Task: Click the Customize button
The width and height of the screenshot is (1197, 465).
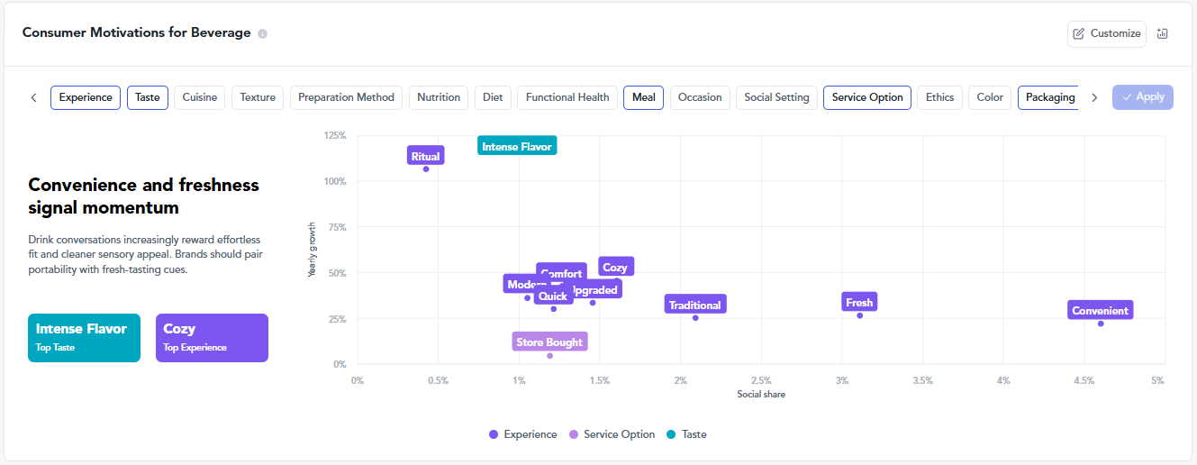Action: pyautogui.click(x=1107, y=33)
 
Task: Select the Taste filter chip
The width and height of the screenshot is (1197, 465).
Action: pyautogui.click(x=148, y=97)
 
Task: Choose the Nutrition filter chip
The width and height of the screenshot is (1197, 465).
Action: pyautogui.click(x=439, y=97)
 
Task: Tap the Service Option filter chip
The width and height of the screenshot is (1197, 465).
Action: pyautogui.click(x=866, y=97)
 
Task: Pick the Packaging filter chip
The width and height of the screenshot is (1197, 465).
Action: pyautogui.click(x=1049, y=97)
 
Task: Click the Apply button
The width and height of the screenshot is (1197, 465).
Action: pyautogui.click(x=1142, y=97)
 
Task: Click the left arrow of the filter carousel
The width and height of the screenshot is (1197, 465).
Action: pyautogui.click(x=34, y=97)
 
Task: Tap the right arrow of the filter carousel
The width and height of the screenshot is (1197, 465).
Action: pyautogui.click(x=1094, y=97)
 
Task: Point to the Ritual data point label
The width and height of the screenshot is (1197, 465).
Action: pyautogui.click(x=425, y=156)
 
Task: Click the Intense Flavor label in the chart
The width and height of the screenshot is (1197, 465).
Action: pyautogui.click(x=517, y=146)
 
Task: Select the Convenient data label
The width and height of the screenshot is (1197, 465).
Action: pyautogui.click(x=1100, y=310)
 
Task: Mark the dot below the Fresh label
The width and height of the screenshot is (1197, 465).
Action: pyautogui.click(x=859, y=315)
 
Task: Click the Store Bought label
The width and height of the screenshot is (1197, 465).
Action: pyautogui.click(x=549, y=342)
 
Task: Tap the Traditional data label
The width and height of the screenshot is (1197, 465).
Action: pyautogui.click(x=694, y=305)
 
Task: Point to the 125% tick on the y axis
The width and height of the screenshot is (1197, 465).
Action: pyautogui.click(x=334, y=135)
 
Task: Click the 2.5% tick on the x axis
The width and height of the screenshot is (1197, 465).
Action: pyautogui.click(x=761, y=380)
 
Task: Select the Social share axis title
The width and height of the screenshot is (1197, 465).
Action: pyautogui.click(x=761, y=395)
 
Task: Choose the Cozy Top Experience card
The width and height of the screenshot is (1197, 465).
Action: pyautogui.click(x=212, y=337)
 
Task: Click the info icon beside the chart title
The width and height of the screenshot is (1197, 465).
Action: pyautogui.click(x=262, y=34)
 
